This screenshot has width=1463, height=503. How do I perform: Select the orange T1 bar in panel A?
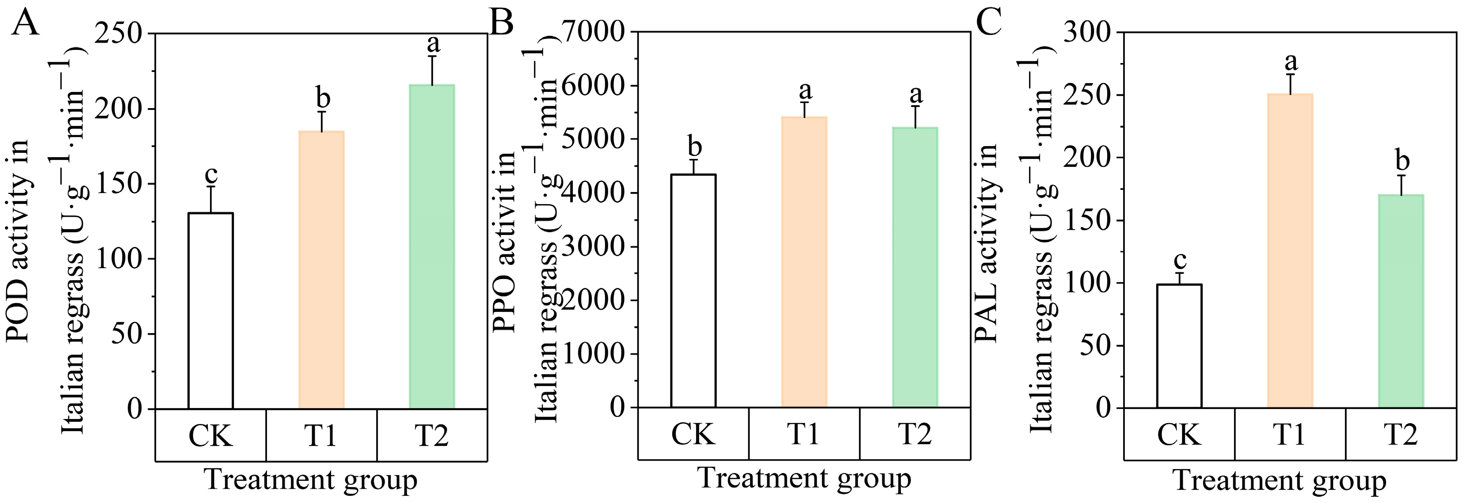(x=321, y=270)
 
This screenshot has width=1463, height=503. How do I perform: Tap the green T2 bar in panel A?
(x=432, y=246)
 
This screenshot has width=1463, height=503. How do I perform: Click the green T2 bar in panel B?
(x=915, y=267)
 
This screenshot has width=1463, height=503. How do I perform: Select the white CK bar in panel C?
(x=1179, y=346)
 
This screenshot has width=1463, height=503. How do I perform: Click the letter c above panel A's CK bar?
(x=211, y=174)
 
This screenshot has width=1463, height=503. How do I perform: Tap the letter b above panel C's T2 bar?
(x=1402, y=161)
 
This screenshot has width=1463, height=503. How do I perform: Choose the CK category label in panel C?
(x=1179, y=435)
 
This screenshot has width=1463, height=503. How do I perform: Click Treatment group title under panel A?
(x=311, y=480)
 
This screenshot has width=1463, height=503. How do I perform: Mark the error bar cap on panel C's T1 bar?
(x=1290, y=74)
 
